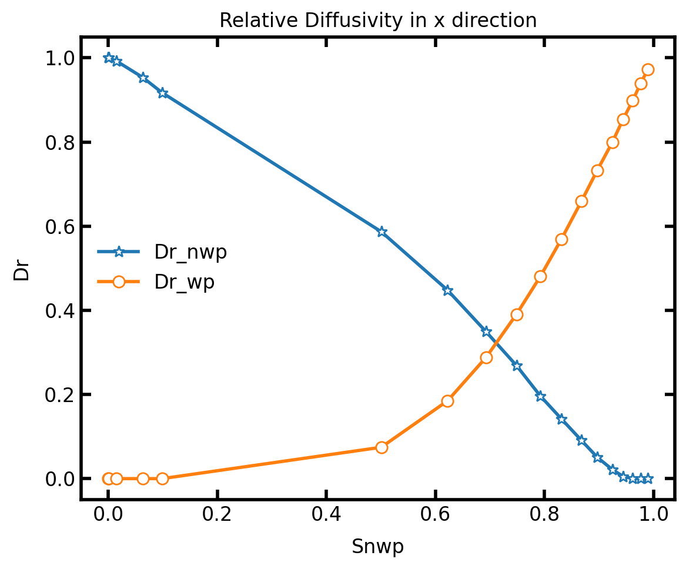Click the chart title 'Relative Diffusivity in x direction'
coord(378,21)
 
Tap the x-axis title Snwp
coord(377,547)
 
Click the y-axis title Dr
coord(21,269)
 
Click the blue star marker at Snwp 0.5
coord(382,232)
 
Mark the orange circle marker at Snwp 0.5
coord(382,447)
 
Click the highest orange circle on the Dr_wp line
coord(648,69)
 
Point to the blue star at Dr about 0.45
coord(447,290)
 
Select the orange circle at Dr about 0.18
coord(447,401)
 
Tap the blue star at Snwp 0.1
coord(163,93)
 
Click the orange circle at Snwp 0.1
coord(163,478)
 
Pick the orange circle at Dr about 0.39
coord(517,314)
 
